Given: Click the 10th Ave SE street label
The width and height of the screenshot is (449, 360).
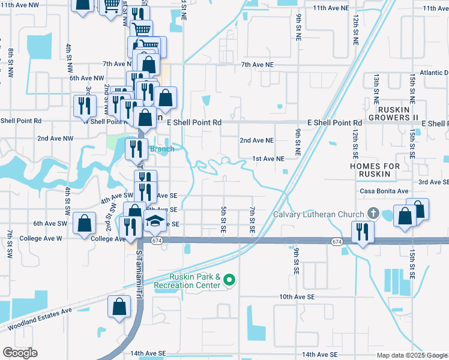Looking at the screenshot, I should [x=297, y=297].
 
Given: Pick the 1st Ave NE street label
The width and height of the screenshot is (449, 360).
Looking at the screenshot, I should [x=268, y=158].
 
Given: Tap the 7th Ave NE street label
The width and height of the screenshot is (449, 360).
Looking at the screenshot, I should [x=257, y=64].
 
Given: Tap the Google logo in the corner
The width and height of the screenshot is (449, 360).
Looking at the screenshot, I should [x=20, y=353].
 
